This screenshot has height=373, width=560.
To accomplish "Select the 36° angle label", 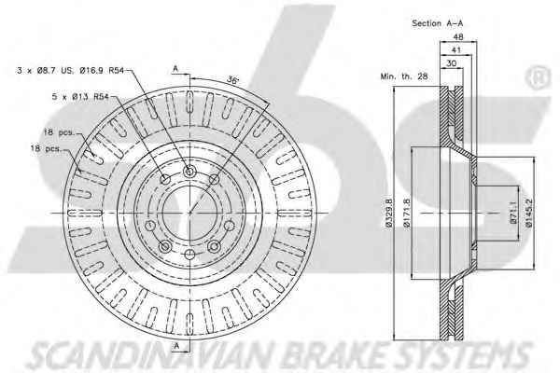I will pos(232,80).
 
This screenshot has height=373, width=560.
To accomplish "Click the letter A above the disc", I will pos(175,66).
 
